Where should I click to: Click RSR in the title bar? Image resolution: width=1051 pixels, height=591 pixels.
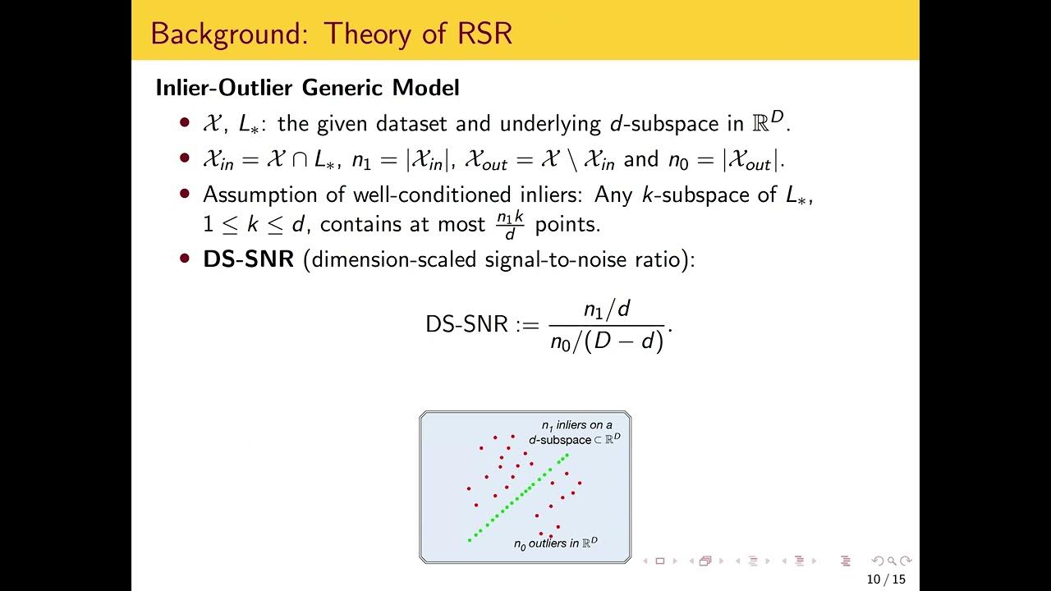click(482, 34)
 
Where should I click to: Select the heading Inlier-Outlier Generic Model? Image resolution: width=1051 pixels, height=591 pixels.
click(307, 87)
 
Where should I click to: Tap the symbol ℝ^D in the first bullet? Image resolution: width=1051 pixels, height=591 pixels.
click(768, 122)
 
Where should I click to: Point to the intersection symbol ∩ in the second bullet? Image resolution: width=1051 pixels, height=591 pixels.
click(299, 159)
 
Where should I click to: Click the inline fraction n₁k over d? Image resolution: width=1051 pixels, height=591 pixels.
click(509, 224)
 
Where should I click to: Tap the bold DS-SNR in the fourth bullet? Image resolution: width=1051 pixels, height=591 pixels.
click(248, 259)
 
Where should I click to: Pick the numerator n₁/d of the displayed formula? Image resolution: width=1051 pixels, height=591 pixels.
click(607, 309)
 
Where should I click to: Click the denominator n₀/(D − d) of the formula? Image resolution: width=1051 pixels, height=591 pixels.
click(607, 341)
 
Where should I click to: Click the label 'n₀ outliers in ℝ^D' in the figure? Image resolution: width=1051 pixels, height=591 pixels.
click(556, 543)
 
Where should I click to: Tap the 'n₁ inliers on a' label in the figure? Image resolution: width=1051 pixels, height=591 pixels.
click(576, 425)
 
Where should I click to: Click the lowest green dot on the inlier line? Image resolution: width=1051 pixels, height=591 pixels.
click(470, 539)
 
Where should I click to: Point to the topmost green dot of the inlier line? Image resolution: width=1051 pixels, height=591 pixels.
click(567, 455)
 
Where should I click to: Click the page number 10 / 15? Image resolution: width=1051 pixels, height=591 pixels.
click(886, 580)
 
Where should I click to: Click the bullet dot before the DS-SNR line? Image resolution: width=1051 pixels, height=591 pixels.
click(185, 259)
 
